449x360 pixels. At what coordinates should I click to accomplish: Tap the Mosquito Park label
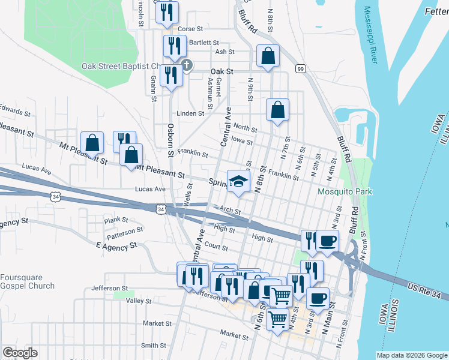click(345, 192)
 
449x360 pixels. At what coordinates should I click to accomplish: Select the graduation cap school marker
click(238, 181)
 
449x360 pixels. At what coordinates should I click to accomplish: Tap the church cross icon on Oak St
click(187, 65)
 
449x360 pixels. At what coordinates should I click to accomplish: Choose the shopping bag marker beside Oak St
click(268, 56)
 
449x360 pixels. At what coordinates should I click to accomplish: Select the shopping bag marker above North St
click(277, 110)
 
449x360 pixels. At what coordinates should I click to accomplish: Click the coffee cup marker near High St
click(327, 241)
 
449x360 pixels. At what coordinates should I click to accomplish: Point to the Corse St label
click(191, 28)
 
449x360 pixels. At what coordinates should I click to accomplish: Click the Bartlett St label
click(204, 43)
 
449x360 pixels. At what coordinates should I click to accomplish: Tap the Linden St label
click(190, 113)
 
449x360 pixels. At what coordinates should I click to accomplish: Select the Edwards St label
click(15, 111)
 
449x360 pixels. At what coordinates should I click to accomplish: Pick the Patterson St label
click(125, 229)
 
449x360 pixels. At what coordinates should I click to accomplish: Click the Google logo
click(20, 353)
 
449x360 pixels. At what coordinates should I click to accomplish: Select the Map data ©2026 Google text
click(411, 355)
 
